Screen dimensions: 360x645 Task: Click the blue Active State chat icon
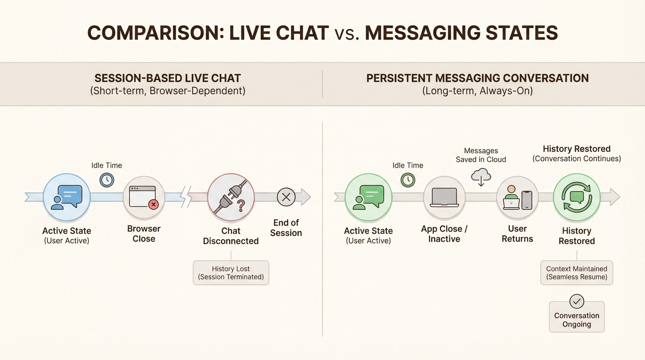click(67, 197)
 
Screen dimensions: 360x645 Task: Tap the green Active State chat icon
click(368, 197)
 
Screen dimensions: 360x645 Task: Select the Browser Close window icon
click(144, 197)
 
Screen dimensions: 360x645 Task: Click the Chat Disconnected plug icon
click(231, 197)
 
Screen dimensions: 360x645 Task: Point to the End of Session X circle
click(286, 197)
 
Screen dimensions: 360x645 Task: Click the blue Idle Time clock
click(107, 180)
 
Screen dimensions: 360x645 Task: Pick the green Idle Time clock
click(408, 180)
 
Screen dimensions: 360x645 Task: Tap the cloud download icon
click(481, 177)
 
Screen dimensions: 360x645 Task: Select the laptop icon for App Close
click(444, 197)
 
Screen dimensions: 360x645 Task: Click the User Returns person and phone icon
click(517, 197)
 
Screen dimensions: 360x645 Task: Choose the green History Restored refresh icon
click(577, 197)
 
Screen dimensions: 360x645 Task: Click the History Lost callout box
click(231, 273)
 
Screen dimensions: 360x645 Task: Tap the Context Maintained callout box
click(577, 273)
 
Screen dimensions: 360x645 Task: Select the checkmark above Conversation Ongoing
click(577, 301)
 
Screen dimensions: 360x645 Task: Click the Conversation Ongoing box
click(577, 320)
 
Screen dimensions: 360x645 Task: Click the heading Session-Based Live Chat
click(168, 78)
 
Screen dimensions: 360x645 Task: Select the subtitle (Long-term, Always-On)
click(477, 90)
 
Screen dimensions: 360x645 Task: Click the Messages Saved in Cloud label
click(481, 155)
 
